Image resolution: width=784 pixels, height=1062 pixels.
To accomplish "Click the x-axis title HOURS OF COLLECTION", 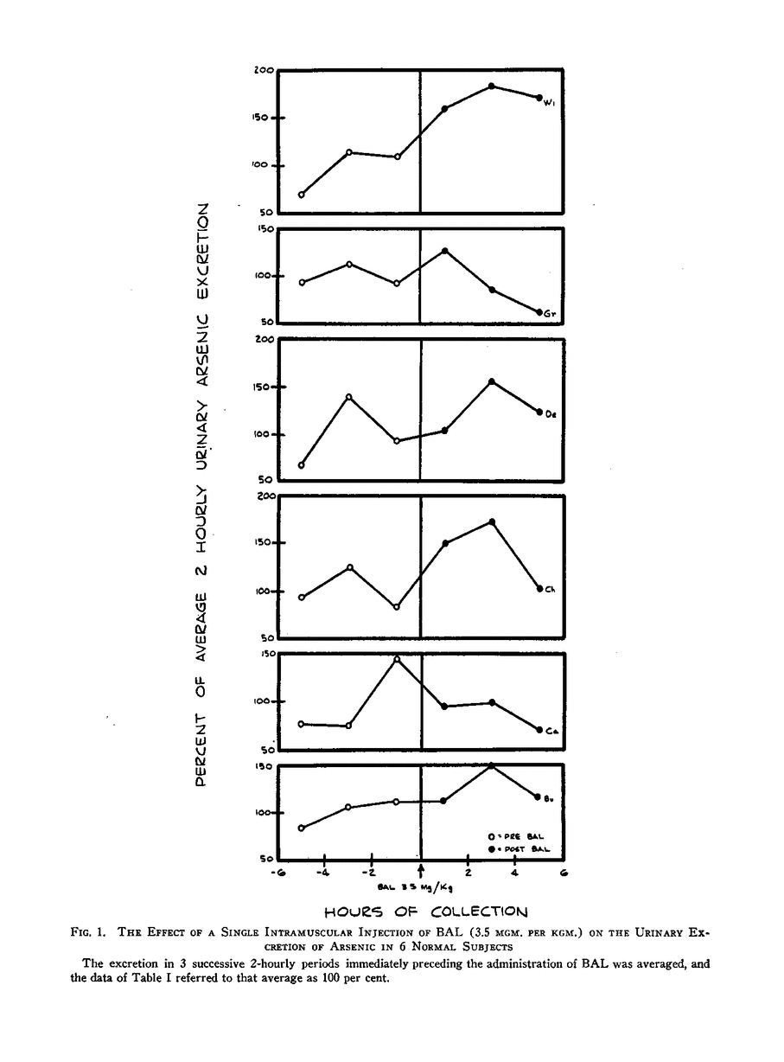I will pos(424,911).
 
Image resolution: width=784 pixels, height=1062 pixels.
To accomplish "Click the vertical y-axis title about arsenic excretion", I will pos(201,494).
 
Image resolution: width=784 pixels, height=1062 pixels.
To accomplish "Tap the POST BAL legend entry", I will pos(519,850).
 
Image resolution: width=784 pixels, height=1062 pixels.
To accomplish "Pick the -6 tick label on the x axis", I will pos(277,874).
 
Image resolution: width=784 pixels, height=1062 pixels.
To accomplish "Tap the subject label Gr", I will pos(550,315).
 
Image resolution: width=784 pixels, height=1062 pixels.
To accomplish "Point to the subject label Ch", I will pos(550,591).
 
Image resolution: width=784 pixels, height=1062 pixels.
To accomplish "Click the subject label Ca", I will pos(550,732).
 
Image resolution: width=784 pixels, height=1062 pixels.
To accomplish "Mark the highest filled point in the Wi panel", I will pos(491,86).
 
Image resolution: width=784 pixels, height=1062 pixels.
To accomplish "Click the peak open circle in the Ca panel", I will pos(397,659).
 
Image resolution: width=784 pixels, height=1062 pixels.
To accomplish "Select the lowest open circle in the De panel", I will pos(302,465).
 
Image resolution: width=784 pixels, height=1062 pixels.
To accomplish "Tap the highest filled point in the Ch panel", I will pos(492,521).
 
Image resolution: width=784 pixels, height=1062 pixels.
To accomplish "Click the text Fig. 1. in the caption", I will pos(87,933).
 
